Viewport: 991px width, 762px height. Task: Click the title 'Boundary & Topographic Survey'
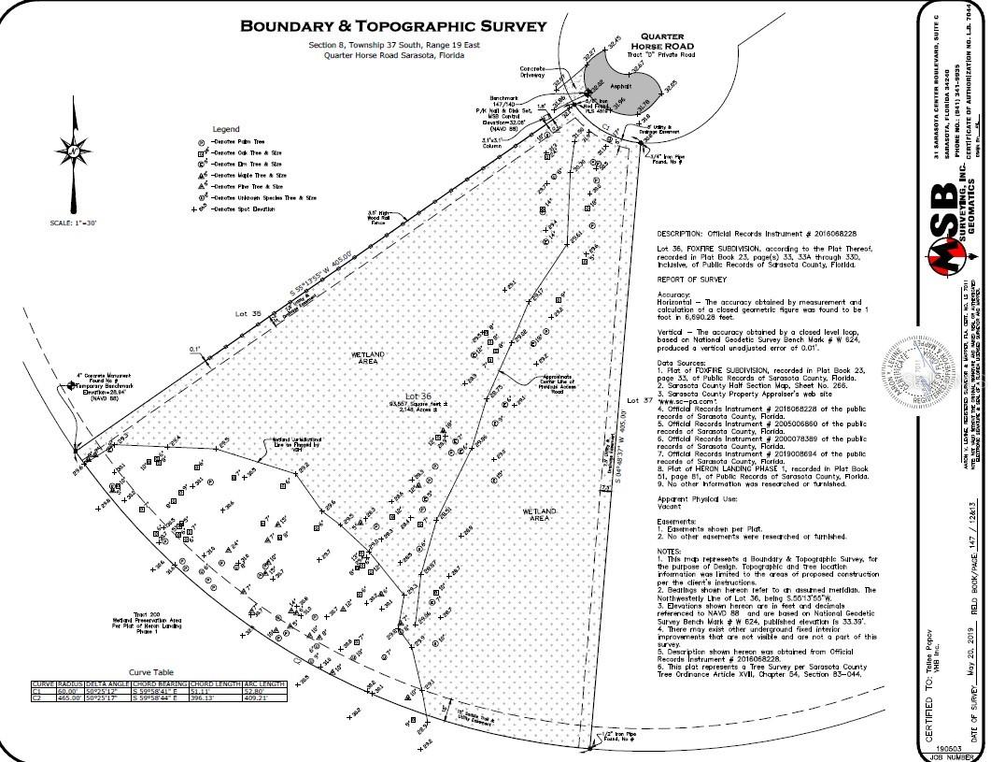(392, 25)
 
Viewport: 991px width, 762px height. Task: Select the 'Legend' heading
(225, 128)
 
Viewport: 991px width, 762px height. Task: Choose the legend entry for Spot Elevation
(245, 209)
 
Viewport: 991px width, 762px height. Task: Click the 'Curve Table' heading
(151, 672)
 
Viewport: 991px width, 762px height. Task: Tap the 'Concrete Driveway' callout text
(532, 72)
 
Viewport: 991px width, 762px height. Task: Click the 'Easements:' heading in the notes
(678, 521)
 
